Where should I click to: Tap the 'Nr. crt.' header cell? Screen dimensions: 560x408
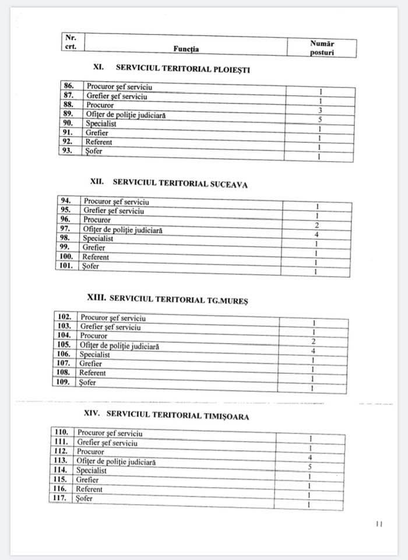point(72,42)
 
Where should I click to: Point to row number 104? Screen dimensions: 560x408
point(65,336)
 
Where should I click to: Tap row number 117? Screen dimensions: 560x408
point(61,498)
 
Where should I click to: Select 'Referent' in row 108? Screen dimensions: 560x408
point(92,373)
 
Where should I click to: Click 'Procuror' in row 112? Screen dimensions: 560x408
point(90,452)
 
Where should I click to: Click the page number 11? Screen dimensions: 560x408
point(379,524)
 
